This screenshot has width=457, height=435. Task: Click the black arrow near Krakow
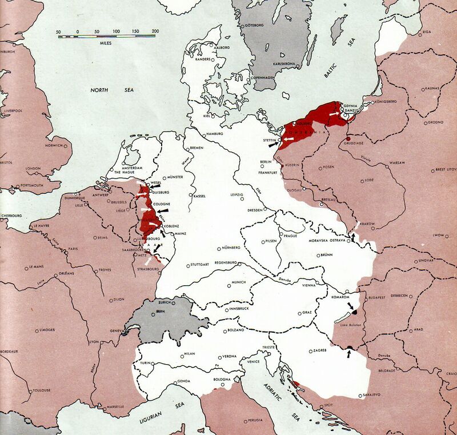pos(353,236)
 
